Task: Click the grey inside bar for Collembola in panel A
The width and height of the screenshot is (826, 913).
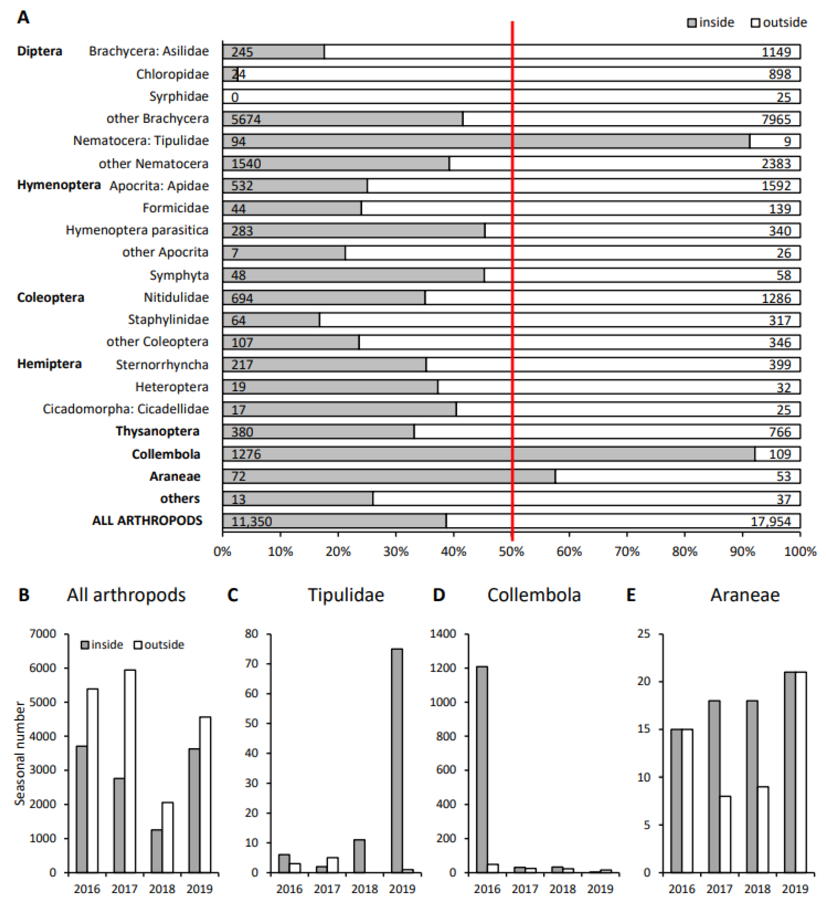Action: (x=489, y=454)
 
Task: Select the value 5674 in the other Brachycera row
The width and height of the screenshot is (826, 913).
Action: (x=246, y=119)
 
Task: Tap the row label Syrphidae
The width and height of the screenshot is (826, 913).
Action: (x=179, y=97)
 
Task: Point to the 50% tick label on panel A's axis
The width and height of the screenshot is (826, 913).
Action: (x=511, y=552)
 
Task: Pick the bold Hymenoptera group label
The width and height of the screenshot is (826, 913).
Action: (x=59, y=185)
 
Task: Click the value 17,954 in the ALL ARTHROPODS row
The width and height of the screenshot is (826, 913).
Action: (x=770, y=521)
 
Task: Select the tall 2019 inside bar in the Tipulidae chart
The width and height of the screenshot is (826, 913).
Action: (x=397, y=761)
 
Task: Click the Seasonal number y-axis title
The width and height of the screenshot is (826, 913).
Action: (x=19, y=753)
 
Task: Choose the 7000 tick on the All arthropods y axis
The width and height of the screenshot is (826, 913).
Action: (x=43, y=634)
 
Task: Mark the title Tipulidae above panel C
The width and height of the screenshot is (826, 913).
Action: (x=346, y=595)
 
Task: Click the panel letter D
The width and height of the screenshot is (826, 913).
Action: (x=439, y=595)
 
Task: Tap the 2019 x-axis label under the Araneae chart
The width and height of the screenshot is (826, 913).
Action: (x=795, y=889)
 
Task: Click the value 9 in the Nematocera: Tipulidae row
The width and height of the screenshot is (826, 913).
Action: (x=787, y=141)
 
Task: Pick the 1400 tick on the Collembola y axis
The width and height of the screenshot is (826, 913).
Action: (x=443, y=634)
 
